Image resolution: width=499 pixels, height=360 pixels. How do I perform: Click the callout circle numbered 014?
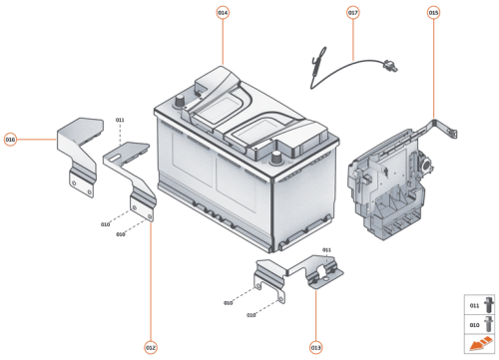[x=223, y=12]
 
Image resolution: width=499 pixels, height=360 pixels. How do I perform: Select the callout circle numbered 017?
[x=352, y=12]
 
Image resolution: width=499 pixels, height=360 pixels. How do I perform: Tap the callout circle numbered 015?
[x=433, y=12]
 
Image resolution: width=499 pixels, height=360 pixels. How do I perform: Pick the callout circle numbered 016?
[x=11, y=139]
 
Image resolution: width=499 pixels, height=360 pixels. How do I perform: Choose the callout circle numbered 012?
[x=151, y=347]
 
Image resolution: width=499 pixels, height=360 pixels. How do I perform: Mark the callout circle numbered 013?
[x=315, y=347]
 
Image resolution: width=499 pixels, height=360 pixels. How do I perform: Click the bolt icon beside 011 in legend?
[x=488, y=304]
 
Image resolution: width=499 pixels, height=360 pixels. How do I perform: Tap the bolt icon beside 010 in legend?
[x=488, y=324]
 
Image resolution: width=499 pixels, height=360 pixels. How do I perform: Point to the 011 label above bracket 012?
[x=120, y=120]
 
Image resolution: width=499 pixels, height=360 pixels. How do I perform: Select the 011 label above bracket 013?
[x=326, y=249]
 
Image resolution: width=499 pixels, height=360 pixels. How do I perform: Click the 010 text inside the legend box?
[x=474, y=324]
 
